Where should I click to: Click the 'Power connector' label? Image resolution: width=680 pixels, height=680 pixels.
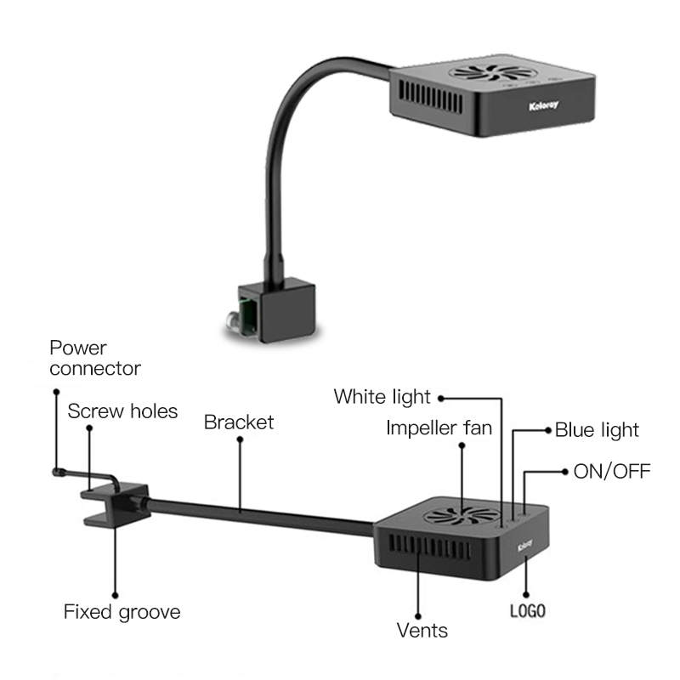94,358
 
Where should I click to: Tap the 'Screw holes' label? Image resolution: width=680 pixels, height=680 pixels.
122,411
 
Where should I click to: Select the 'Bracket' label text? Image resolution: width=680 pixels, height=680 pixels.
239,422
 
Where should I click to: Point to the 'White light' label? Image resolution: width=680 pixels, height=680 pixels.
382,396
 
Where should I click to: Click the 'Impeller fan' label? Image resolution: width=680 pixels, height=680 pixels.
439,428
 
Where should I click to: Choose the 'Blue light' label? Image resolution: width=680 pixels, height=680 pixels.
597,430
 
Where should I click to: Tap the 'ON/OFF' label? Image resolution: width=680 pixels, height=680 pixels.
612,470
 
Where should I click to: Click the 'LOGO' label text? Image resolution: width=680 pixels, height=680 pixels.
526,610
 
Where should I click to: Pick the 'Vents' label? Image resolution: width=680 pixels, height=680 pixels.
422,630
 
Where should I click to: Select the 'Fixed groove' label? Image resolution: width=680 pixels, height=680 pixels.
122,611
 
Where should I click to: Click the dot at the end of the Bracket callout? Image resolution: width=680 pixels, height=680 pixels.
240,440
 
